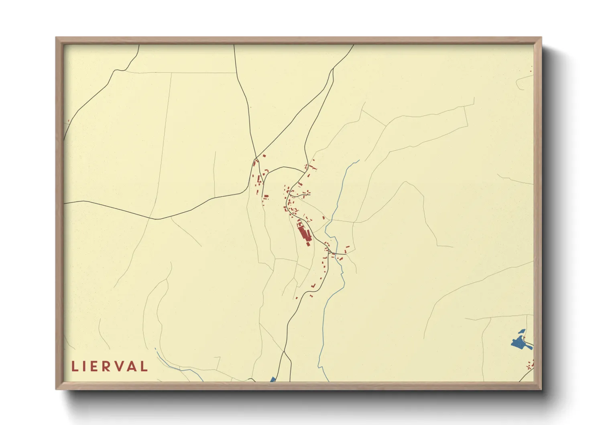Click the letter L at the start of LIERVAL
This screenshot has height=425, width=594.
(x=75, y=366)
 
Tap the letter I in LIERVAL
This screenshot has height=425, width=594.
(x=85, y=366)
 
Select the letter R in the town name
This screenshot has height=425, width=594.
(x=106, y=366)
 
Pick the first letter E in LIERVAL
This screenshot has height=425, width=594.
(x=94, y=366)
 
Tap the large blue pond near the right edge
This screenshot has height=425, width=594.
(x=519, y=343)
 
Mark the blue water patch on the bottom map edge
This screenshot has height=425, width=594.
(x=273, y=379)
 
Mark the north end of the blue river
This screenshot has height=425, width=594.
(x=358, y=161)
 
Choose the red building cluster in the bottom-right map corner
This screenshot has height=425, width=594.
(x=530, y=365)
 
